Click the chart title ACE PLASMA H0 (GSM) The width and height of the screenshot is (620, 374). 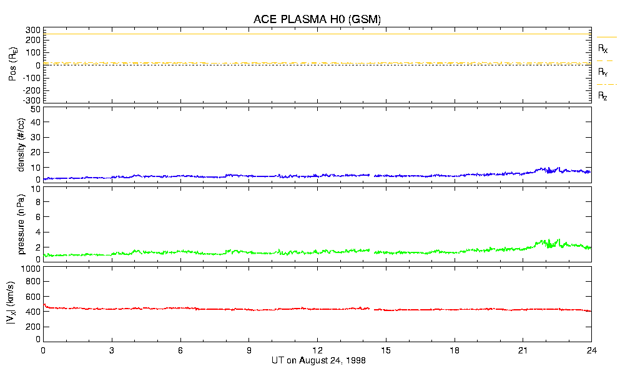[x=317, y=19]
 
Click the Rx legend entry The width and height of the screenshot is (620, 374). [x=603, y=48]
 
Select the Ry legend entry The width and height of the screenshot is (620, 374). [x=603, y=72]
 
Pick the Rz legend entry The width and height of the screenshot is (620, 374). [x=603, y=96]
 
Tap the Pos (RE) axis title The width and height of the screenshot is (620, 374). [x=13, y=65]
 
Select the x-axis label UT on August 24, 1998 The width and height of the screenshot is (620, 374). [x=318, y=361]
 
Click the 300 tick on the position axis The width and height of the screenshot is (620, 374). [x=32, y=30]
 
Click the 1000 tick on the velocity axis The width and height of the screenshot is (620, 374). [x=30, y=269]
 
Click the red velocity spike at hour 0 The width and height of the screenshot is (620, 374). [x=44, y=305]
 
